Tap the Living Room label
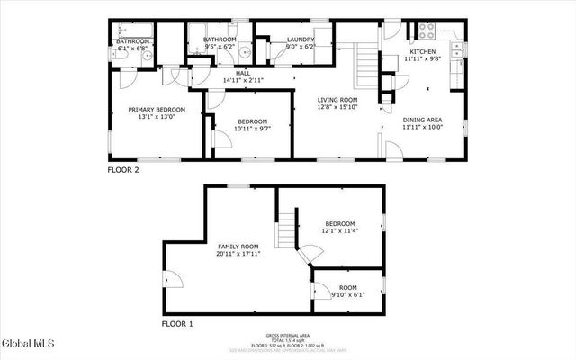(x=337, y=100)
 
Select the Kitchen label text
(x=423, y=52)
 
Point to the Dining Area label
(x=422, y=120)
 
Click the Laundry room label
(x=301, y=40)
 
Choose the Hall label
(x=243, y=74)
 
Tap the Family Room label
(x=238, y=246)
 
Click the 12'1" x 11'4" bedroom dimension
(x=340, y=231)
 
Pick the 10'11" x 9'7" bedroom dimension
(x=253, y=129)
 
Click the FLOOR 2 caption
(x=124, y=169)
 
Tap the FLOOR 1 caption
(x=177, y=323)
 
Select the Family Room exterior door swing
(x=174, y=278)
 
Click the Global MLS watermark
(x=28, y=344)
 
